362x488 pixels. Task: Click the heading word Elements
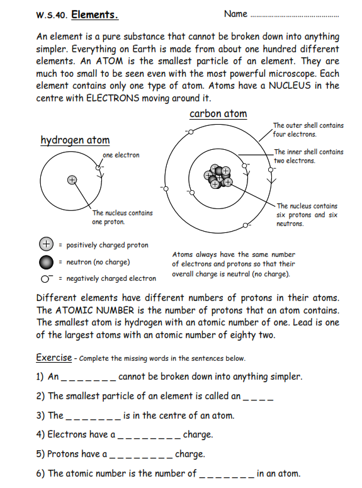coord(95,14)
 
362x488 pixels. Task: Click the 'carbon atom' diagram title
coord(218,114)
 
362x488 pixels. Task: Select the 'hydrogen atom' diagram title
coord(75,140)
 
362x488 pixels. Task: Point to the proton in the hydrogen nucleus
coord(72,180)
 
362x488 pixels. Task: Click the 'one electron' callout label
coord(121,155)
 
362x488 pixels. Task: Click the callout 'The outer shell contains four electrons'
coord(308,130)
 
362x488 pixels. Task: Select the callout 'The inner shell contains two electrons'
coord(308,156)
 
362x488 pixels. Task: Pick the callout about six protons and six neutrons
coord(307,215)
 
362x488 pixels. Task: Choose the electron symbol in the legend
coord(46,278)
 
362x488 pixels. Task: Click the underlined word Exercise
coord(54,358)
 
